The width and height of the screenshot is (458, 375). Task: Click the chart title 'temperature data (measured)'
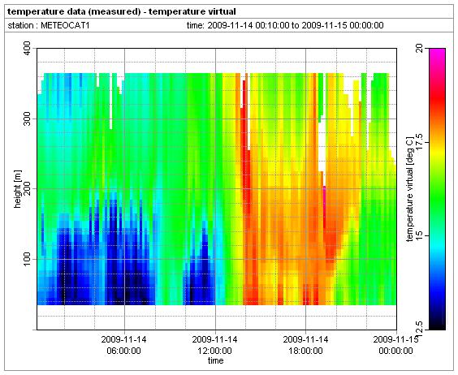coord(75,11)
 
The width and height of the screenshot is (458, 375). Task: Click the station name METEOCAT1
coord(65,25)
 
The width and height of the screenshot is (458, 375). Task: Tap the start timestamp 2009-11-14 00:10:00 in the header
coord(248,25)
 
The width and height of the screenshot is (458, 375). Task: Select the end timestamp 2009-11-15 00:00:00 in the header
coord(343,25)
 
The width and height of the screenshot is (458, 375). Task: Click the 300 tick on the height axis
coord(27,119)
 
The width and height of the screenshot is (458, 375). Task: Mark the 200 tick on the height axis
coord(27,189)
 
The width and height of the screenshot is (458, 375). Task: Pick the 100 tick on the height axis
coord(27,259)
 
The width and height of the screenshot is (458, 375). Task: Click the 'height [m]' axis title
coord(18,189)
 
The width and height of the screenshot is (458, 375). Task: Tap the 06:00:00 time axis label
coord(124,351)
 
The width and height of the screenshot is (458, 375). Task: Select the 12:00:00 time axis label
coord(215,351)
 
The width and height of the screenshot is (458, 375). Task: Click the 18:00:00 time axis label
coord(306,351)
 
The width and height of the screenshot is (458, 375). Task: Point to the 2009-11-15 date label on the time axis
coord(395,339)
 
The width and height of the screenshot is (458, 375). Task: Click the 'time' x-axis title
coord(215,360)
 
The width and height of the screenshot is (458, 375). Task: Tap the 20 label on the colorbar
coord(420,49)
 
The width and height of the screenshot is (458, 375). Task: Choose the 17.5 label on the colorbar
coord(420,142)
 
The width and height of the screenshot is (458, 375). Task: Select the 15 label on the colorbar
coord(420,236)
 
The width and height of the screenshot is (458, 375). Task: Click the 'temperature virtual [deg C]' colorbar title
coord(410,189)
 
